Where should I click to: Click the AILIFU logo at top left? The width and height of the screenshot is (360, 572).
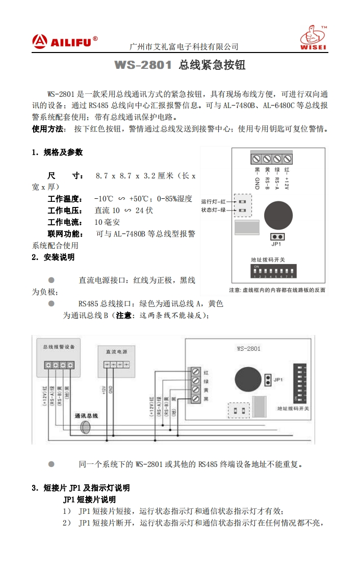[64, 41]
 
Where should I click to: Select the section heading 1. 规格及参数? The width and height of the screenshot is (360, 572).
[57, 152]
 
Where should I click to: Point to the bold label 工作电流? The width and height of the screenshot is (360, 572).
[65, 222]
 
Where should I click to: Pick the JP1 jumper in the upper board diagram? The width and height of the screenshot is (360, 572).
[277, 237]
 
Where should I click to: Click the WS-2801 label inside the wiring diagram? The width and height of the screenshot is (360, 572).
[248, 349]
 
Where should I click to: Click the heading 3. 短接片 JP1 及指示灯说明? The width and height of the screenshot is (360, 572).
[81, 488]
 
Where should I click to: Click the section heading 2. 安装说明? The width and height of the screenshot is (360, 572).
[53, 257]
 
